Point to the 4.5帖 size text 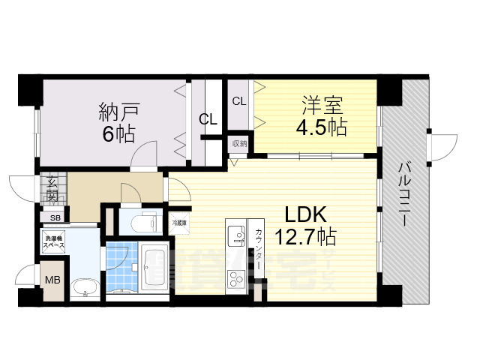[319, 126]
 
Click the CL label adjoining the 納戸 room [208, 118]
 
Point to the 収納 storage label [238, 142]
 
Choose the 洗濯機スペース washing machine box [53, 243]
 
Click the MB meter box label [53, 280]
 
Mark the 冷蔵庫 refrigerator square [178, 223]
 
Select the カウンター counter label [259, 247]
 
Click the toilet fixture [145, 223]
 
